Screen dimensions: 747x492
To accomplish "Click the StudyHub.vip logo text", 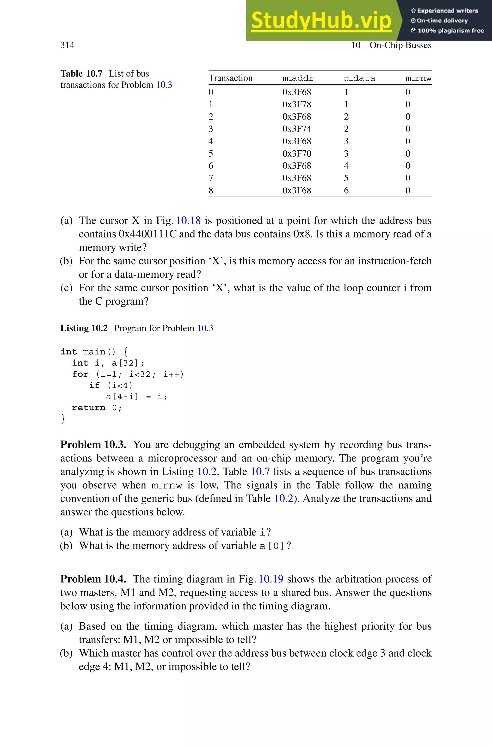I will [x=321, y=20].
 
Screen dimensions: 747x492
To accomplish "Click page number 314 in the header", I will [x=67, y=45].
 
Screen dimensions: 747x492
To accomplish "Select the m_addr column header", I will [x=298, y=78].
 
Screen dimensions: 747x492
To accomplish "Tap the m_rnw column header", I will [x=418, y=78].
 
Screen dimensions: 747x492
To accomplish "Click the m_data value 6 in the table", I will [x=346, y=190].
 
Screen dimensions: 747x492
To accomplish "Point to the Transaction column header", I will [x=230, y=78].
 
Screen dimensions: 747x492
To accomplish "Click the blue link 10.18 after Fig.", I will [x=188, y=221].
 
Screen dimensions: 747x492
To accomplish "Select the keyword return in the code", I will [x=88, y=408].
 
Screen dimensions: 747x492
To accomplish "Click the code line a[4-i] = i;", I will [x=136, y=397].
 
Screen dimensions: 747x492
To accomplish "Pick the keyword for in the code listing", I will [x=80, y=374].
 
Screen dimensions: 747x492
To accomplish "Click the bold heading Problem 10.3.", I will [x=93, y=445].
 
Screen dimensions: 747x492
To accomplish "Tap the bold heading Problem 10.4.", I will [x=93, y=579].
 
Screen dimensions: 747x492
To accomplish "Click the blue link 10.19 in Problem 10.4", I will [x=271, y=579].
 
